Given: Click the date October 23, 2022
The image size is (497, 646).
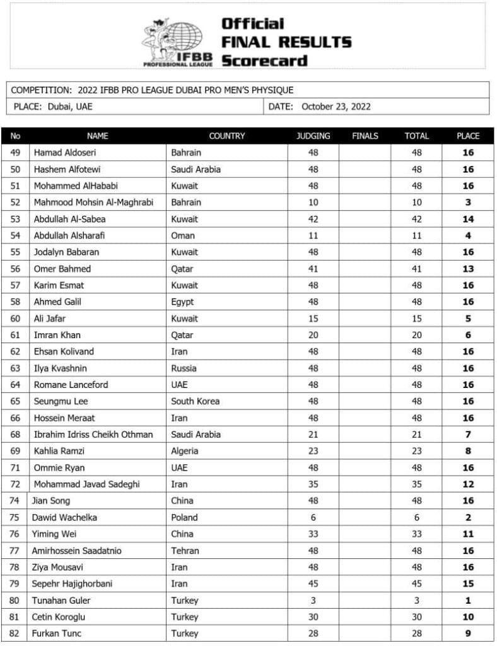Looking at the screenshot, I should point(336,107).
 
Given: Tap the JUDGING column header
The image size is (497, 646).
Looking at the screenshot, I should point(313,136).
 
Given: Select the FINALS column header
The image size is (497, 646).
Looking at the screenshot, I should point(365,136).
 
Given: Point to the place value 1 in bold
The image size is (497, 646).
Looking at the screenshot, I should point(468,601).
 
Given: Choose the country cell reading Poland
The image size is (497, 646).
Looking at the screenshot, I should point(184,517).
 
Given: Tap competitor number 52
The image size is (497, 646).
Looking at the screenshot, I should point(16,203).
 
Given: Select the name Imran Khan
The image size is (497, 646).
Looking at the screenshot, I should point(57,335).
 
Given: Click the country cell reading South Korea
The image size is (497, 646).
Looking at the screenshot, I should point(195,401).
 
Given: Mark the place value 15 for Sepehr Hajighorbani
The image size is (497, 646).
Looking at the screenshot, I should point(468,584).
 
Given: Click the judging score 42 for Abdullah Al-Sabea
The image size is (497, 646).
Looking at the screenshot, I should point(313,219).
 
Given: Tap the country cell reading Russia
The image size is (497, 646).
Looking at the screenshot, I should point(184,368).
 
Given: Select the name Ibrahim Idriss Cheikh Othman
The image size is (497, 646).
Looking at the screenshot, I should point(93,434).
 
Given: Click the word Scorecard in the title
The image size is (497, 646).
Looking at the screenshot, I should point(264,61).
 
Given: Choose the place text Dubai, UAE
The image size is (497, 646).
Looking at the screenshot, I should point(69,107).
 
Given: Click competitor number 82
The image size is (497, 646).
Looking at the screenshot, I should point(16,633).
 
